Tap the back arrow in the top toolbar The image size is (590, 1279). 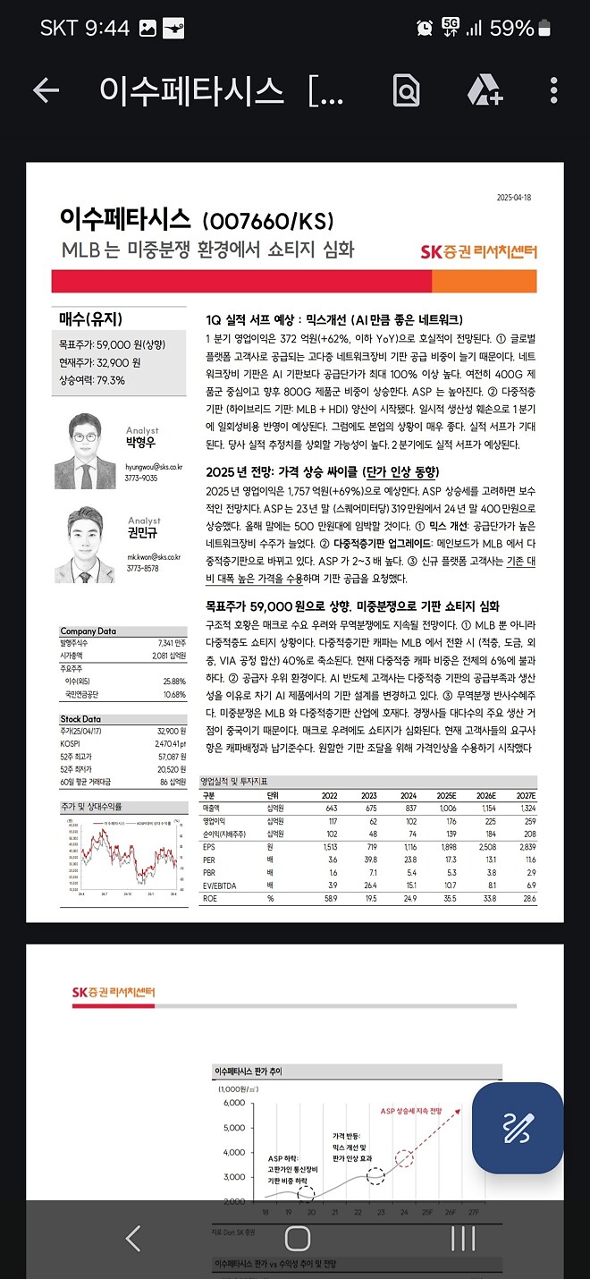click(x=46, y=90)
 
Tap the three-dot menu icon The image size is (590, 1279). click(x=554, y=90)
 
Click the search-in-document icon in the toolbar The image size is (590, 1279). click(x=406, y=90)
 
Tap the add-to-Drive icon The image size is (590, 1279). click(x=485, y=90)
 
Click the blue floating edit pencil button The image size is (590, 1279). click(x=517, y=1127)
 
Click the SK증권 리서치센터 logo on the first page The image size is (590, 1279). click(x=478, y=251)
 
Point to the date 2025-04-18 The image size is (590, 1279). click(x=514, y=198)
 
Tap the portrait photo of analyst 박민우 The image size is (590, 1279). click(x=85, y=452)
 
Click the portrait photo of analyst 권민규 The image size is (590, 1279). click(x=85, y=546)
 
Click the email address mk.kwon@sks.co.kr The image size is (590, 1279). click(x=154, y=556)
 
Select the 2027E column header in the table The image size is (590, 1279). click(x=525, y=795)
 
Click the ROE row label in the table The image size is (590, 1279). click(x=209, y=897)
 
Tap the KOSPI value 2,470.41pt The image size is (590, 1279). click(x=167, y=743)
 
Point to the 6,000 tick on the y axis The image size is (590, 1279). click(x=232, y=1103)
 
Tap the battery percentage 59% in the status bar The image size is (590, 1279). click(x=512, y=28)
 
